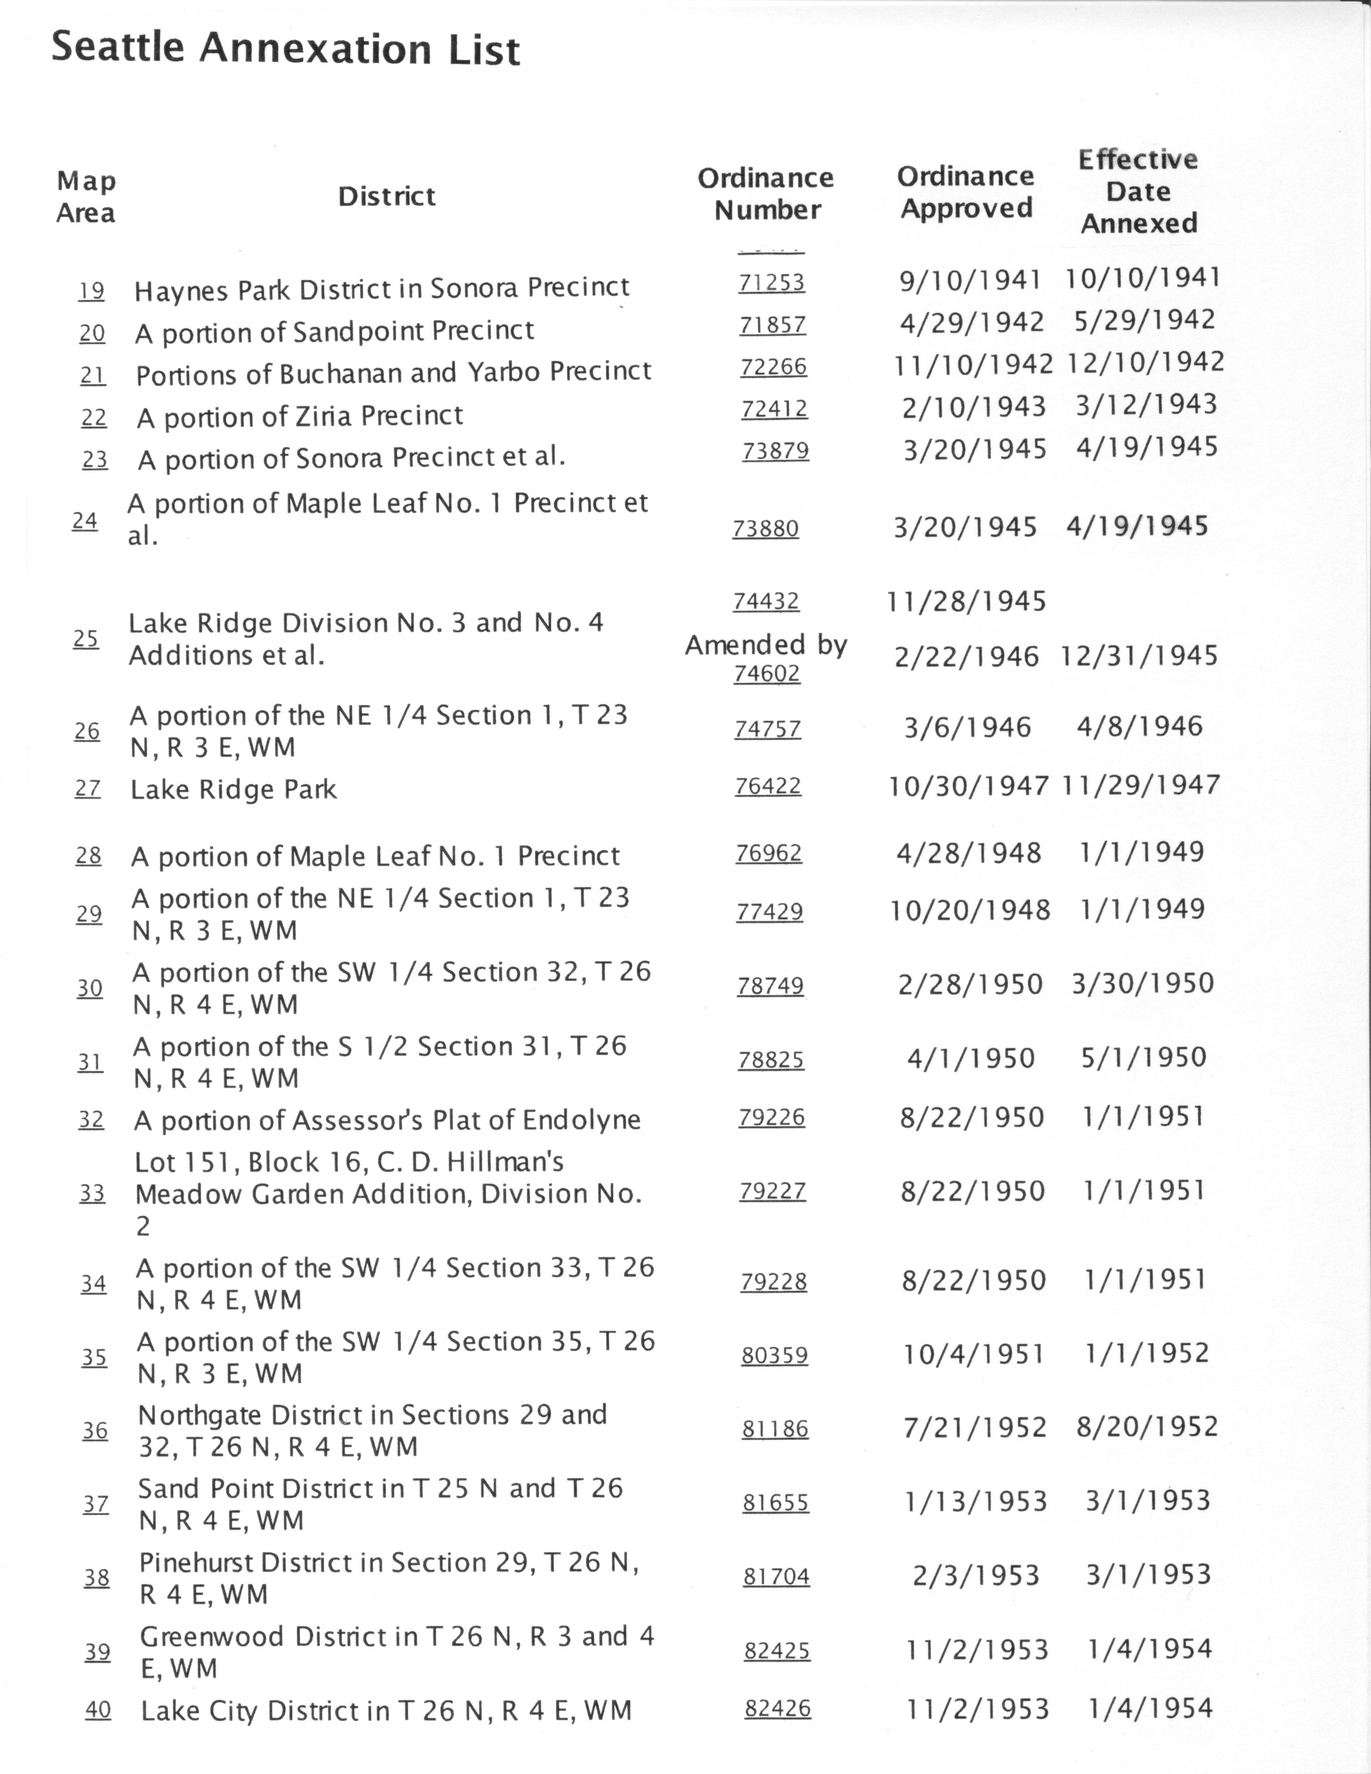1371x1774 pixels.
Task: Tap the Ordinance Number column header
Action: pyautogui.click(x=766, y=193)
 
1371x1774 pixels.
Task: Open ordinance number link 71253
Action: pyautogui.click(x=772, y=283)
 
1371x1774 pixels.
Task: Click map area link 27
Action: pyautogui.click(x=88, y=788)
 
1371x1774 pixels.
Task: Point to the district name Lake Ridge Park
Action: pyautogui.click(x=234, y=789)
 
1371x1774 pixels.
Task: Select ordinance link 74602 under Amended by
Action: pyautogui.click(x=767, y=673)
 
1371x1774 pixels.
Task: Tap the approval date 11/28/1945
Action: pyautogui.click(x=966, y=601)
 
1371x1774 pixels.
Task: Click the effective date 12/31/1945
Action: pyautogui.click(x=1139, y=656)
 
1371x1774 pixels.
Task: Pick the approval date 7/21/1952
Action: pyautogui.click(x=974, y=1427)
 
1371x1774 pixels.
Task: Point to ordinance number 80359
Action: pyautogui.click(x=774, y=1355)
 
